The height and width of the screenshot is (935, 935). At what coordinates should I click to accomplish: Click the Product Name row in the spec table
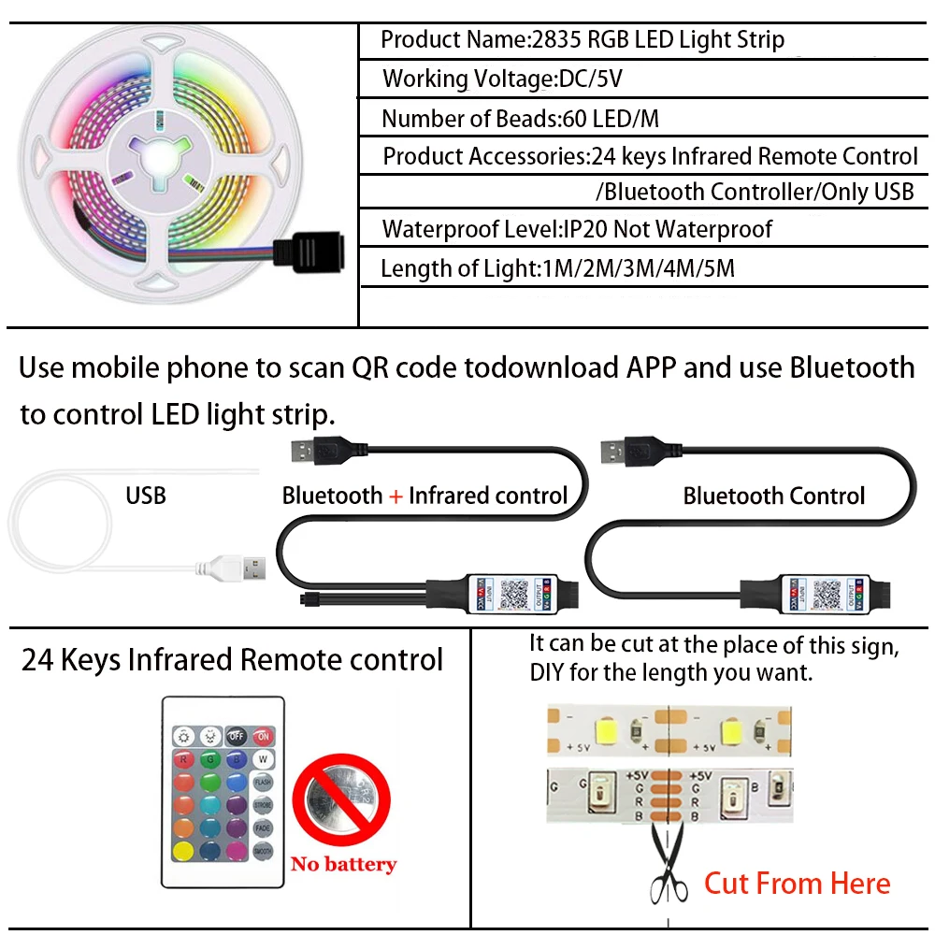[582, 40]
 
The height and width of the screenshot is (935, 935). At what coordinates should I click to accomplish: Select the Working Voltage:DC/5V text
[502, 79]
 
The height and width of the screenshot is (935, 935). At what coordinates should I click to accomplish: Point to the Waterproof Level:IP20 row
[577, 229]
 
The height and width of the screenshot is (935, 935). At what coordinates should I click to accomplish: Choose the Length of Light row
[557, 269]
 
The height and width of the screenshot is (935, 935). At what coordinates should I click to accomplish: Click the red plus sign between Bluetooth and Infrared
[396, 496]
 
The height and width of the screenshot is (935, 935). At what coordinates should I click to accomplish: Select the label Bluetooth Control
[774, 496]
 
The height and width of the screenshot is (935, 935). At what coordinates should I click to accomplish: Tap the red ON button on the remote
[264, 735]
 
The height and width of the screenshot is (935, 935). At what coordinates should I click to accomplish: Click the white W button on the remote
[264, 758]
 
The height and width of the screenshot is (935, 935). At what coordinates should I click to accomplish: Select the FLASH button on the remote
[263, 782]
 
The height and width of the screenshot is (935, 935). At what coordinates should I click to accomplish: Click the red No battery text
[343, 864]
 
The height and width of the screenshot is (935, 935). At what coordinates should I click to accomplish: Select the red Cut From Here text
[797, 883]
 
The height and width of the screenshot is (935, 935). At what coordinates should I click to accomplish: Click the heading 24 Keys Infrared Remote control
[232, 660]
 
